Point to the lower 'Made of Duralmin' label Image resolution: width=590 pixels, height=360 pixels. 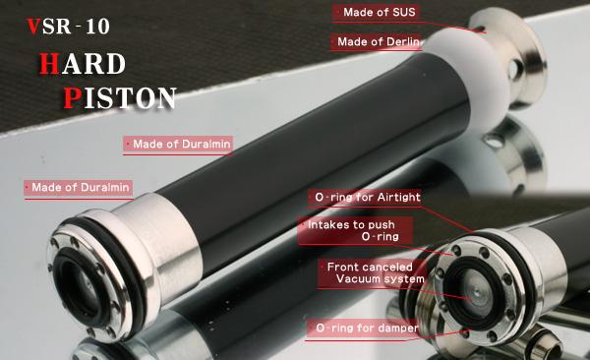click(79, 187)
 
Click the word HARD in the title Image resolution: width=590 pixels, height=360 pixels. click(83, 64)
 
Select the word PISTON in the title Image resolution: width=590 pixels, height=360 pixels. click(120, 98)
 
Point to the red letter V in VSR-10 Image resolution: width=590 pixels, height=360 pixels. click(33, 27)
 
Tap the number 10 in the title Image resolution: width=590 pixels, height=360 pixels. click(97, 27)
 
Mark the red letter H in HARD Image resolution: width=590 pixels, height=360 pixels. click(49, 64)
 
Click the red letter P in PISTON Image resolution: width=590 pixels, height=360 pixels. click(72, 98)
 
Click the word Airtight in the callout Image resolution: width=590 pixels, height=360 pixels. click(399, 198)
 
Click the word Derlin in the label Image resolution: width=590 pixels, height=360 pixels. click(402, 41)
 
